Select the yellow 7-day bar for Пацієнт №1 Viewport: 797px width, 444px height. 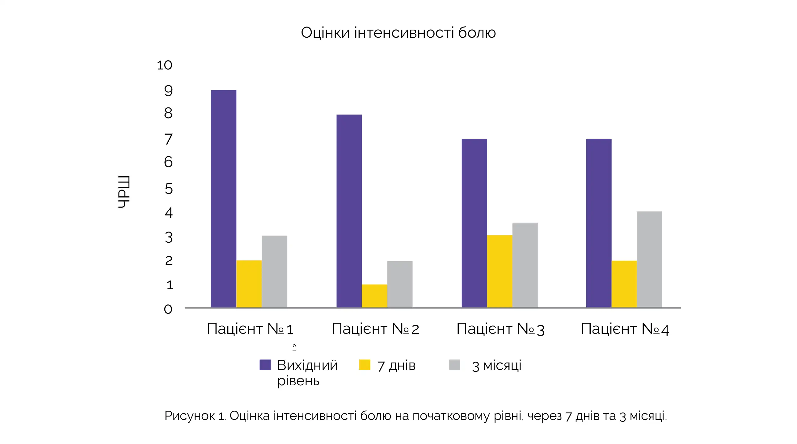pos(249,284)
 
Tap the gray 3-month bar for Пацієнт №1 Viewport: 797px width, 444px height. pos(274,271)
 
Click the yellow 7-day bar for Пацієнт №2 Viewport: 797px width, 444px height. pos(374,296)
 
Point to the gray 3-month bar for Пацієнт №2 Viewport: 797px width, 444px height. pos(400,284)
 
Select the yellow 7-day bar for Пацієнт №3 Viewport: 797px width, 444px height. pos(500,271)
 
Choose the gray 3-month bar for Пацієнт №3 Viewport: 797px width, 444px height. pos(525,265)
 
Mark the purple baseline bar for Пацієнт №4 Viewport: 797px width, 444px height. pos(599,223)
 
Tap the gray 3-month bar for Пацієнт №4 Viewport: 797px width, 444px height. pos(649,259)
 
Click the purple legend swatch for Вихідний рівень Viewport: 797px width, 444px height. pos(265,365)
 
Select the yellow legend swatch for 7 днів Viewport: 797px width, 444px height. pos(365,365)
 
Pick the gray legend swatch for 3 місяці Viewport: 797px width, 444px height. pos(454,365)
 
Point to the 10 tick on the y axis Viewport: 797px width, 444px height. pos(165,65)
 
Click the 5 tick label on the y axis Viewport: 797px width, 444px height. pos(169,189)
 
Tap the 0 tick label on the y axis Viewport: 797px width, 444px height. pos(168,309)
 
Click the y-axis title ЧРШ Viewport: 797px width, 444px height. pos(124,192)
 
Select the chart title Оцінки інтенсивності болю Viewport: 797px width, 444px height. pos(398,32)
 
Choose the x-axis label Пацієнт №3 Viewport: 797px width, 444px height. pos(500,329)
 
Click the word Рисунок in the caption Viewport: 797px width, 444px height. pos(189,416)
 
